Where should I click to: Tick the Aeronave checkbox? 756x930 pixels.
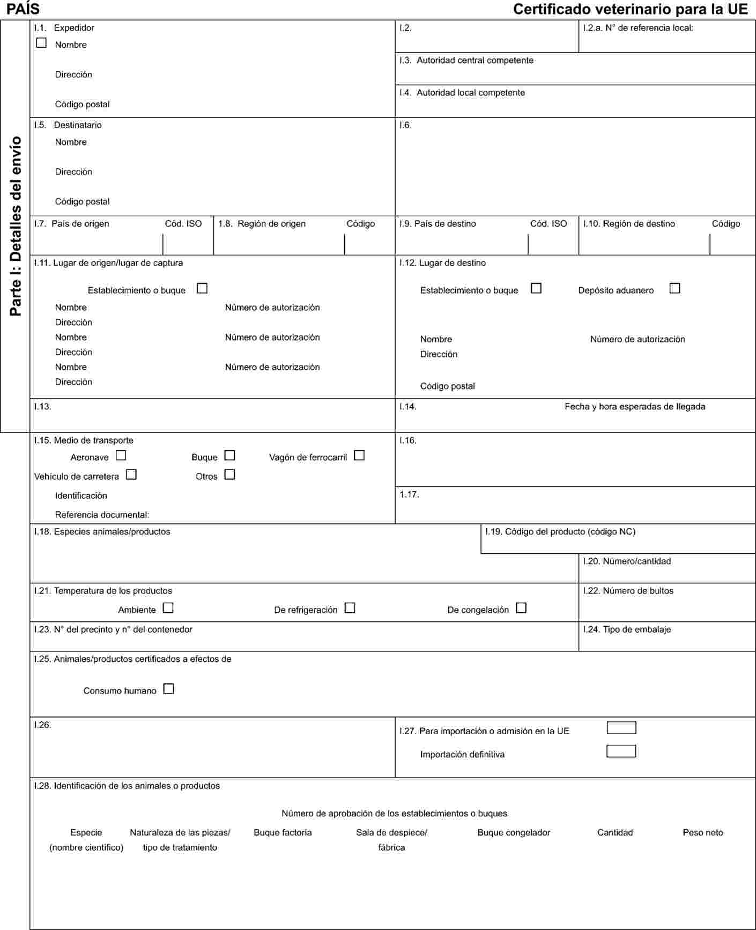pyautogui.click(x=121, y=456)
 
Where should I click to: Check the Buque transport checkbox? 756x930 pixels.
pyautogui.click(x=229, y=456)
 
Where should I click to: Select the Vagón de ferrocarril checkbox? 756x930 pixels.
pyautogui.click(x=359, y=456)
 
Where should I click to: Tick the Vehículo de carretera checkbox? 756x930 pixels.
pyautogui.click(x=131, y=475)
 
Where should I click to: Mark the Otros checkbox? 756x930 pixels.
pyautogui.click(x=229, y=475)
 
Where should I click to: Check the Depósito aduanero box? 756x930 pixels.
pyautogui.click(x=675, y=289)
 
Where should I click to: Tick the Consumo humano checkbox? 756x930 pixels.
pyautogui.click(x=168, y=689)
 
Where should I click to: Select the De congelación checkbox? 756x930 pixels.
pyautogui.click(x=521, y=609)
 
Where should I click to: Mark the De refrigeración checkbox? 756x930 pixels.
pyautogui.click(x=350, y=609)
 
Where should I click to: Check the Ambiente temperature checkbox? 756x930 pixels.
pyautogui.click(x=168, y=609)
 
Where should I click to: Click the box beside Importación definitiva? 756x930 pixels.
pyautogui.click(x=621, y=751)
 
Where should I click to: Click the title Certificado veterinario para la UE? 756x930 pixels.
pyautogui.click(x=630, y=9)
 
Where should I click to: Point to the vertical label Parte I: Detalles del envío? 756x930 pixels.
pyautogui.click(x=16, y=225)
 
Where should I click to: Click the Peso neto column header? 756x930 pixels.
pyautogui.click(x=702, y=833)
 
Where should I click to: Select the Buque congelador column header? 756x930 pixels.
pyautogui.click(x=514, y=833)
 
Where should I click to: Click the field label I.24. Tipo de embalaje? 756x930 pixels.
pyautogui.click(x=627, y=629)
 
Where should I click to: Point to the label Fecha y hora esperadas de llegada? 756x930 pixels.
pyautogui.click(x=635, y=407)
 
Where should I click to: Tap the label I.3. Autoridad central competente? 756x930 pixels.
pyautogui.click(x=466, y=61)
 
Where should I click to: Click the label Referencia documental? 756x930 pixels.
pyautogui.click(x=102, y=515)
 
